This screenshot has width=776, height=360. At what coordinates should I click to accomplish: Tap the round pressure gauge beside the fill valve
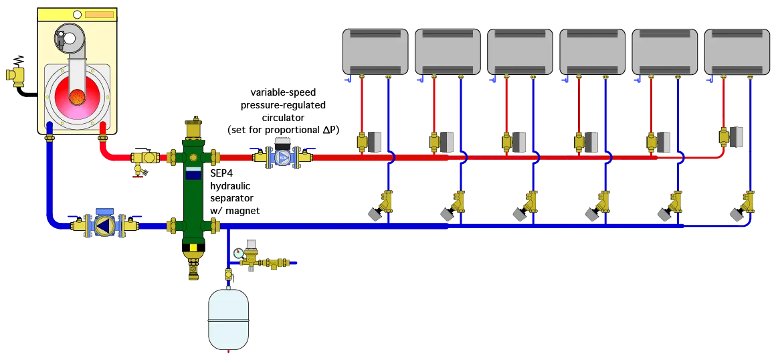238,253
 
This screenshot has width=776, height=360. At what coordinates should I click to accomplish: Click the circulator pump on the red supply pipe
283,157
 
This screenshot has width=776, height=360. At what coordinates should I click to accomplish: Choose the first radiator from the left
375,51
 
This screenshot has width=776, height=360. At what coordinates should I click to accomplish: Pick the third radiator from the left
520,51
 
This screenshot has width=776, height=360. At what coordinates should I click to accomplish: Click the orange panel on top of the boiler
99,14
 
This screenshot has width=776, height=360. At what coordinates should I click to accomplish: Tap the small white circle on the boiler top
76,14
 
